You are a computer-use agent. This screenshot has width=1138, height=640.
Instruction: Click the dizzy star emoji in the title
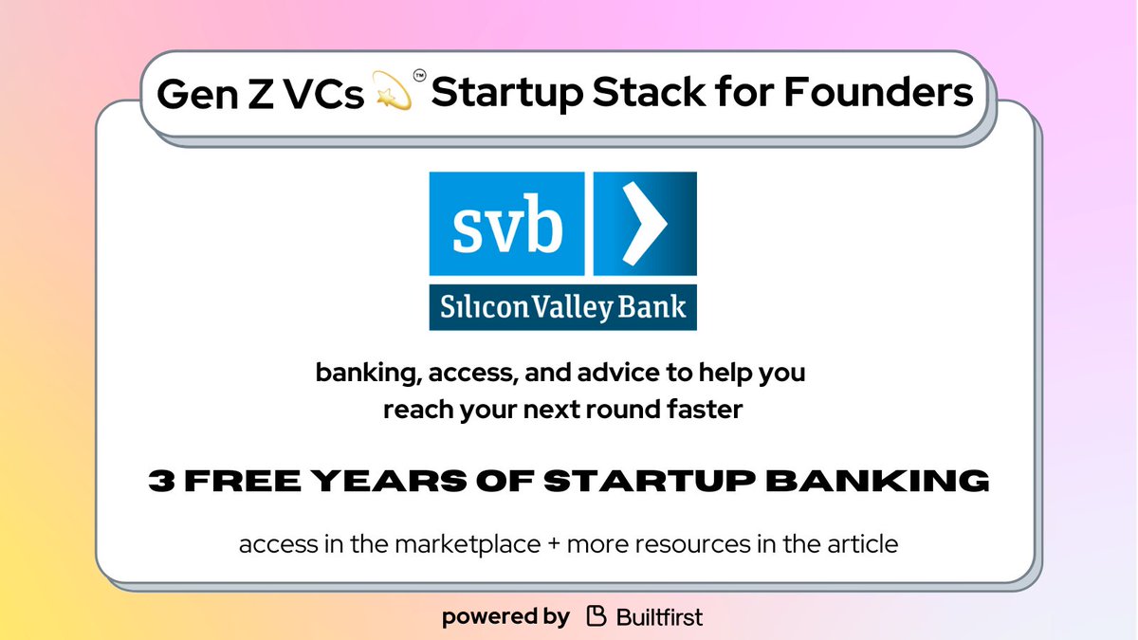(395, 94)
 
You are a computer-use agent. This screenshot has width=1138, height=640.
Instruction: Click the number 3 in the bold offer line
(161, 481)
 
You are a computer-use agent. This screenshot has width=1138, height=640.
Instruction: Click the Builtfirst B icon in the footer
(596, 617)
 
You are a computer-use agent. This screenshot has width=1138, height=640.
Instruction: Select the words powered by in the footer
(505, 617)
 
